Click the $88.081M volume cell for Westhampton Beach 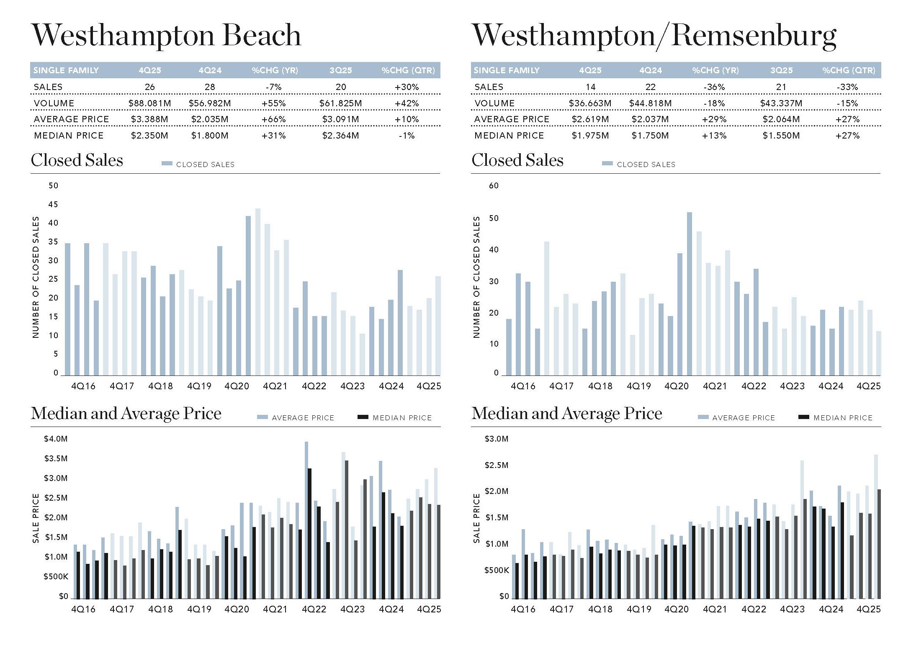[x=149, y=103]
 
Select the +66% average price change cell [x=273, y=119]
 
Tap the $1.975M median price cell [x=590, y=136]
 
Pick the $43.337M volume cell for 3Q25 [x=781, y=103]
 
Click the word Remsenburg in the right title [x=754, y=36]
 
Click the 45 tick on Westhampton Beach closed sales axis [x=53, y=204]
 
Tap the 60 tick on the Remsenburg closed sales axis [x=494, y=185]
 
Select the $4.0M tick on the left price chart [x=56, y=439]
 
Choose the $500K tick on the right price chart [x=497, y=570]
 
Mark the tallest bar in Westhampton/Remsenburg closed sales [x=689, y=293]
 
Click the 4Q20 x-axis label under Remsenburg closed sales [x=676, y=386]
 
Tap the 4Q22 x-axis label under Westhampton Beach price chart [x=314, y=609]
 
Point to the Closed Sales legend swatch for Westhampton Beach [x=167, y=164]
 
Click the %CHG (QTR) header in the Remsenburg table [x=848, y=70]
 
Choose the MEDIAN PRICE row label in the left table [x=69, y=136]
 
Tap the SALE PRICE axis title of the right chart [x=476, y=518]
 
